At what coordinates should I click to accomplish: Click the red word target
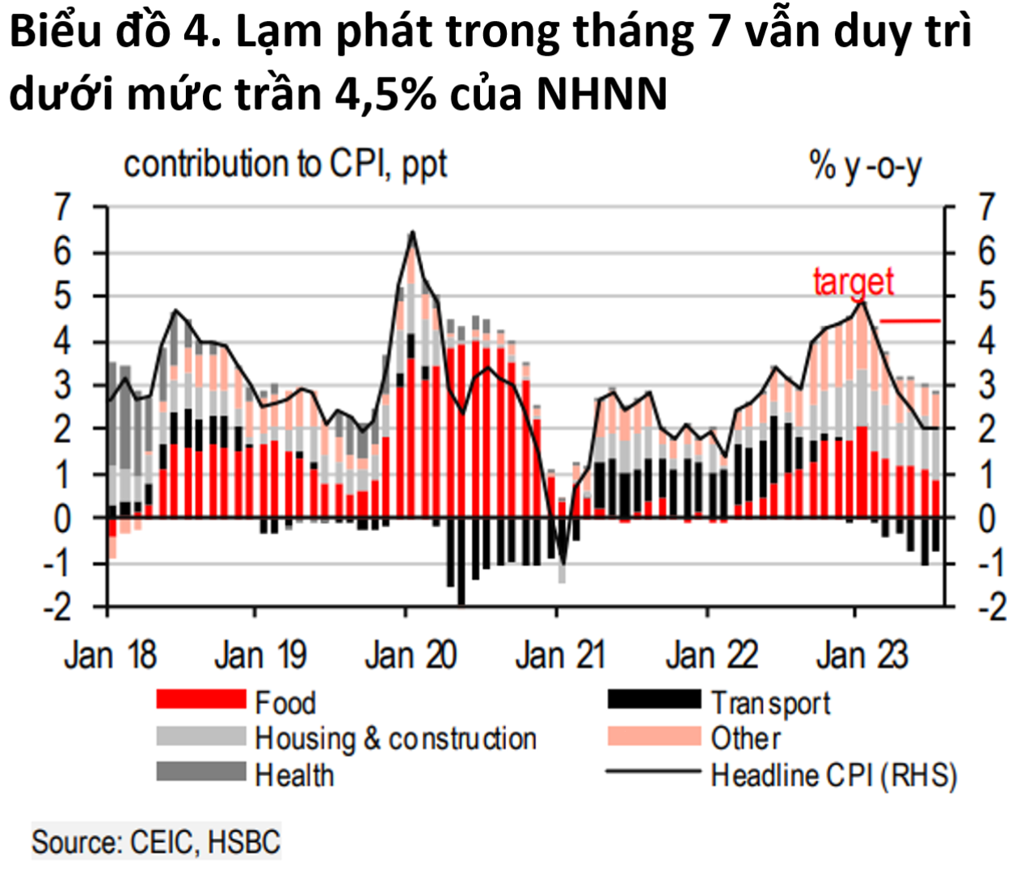[853, 282]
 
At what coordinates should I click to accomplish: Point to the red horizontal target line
[910, 321]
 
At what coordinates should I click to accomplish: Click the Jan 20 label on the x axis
[411, 655]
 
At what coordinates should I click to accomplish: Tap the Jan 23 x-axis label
[862, 655]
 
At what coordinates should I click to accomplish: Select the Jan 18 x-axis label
[110, 655]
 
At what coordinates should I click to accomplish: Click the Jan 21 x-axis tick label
[560, 655]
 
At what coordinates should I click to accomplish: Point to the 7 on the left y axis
[62, 209]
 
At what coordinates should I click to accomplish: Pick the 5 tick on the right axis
[987, 297]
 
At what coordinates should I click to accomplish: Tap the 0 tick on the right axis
[987, 518]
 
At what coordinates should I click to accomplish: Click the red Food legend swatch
[200, 700]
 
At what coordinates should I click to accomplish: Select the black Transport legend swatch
[654, 700]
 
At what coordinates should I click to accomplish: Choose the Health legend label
[294, 775]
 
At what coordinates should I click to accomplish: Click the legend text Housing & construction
[395, 739]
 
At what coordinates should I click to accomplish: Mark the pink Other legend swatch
[654, 736]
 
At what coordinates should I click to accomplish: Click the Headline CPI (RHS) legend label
[833, 775]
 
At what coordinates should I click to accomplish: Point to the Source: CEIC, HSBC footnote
[156, 842]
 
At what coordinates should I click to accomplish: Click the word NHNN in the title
[602, 94]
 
